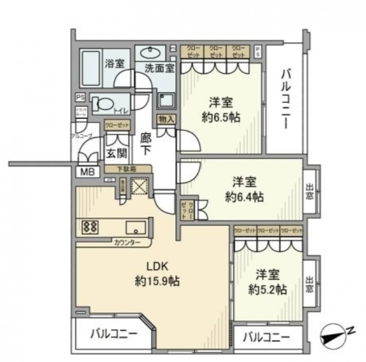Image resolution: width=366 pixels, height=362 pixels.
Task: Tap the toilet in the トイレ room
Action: pos(103,104)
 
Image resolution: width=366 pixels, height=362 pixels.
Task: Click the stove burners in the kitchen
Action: pos(90,226)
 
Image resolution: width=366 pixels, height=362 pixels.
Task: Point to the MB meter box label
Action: pos(86,172)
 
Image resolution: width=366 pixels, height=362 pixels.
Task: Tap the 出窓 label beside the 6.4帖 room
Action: pos(309,192)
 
